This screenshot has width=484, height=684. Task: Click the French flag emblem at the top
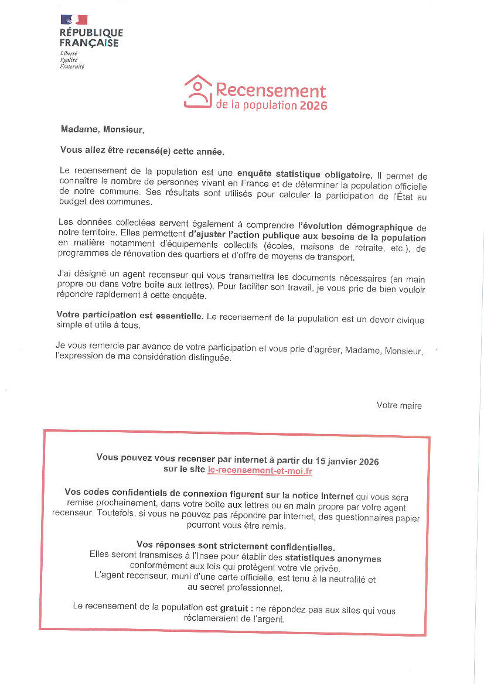(x=73, y=20)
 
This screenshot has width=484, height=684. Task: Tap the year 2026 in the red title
(x=313, y=106)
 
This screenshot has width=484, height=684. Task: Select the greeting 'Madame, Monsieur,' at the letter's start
(x=102, y=129)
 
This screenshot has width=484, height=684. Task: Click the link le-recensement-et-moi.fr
(x=260, y=471)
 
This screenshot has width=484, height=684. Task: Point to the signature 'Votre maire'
(x=399, y=405)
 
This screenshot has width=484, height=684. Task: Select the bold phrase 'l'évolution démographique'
(x=356, y=227)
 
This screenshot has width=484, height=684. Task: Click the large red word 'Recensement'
(x=271, y=91)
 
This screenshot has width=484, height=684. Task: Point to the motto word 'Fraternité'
(x=72, y=66)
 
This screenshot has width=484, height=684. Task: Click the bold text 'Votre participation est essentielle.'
(x=130, y=316)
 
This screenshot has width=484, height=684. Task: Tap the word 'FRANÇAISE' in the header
(x=89, y=43)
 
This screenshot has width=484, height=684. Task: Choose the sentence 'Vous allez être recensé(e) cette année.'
(x=142, y=151)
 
